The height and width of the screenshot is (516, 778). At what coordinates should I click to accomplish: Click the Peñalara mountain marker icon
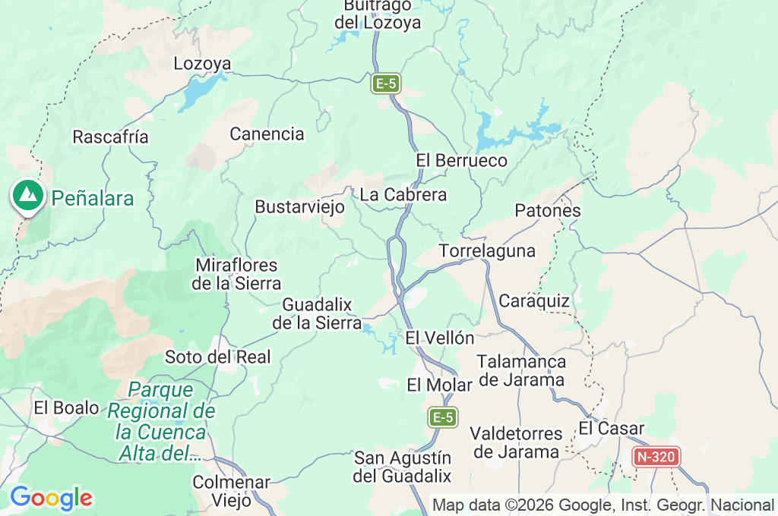tap(28, 196)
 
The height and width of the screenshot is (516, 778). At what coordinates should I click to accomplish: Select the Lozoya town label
tap(202, 64)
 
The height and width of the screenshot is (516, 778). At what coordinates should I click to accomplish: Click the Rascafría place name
tap(110, 137)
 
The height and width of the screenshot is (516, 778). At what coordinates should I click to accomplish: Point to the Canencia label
tap(267, 134)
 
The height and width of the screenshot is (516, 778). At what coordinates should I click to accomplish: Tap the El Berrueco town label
tap(461, 161)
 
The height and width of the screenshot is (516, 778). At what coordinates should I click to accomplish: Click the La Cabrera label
tap(403, 195)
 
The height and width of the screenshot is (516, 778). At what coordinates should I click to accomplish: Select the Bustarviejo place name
tap(299, 207)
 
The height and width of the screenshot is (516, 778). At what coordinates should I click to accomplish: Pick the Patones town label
tap(548, 211)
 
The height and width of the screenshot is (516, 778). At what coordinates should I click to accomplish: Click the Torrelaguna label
tap(487, 251)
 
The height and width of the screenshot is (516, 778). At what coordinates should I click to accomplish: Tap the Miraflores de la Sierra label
tap(238, 275)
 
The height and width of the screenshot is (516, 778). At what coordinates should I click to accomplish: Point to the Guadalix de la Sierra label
tap(317, 313)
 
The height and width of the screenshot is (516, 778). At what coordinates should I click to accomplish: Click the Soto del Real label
tap(217, 357)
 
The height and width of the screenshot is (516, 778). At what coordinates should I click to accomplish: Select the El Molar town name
tap(439, 385)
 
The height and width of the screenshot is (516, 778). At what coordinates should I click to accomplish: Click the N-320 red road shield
tap(656, 457)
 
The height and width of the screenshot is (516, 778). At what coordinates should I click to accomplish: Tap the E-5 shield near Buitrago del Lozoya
tap(385, 83)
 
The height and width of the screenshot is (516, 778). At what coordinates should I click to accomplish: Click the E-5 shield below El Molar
tap(443, 417)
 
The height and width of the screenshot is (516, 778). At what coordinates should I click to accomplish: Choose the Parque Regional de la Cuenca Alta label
tap(160, 422)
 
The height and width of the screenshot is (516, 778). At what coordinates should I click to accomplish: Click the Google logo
tap(51, 499)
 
